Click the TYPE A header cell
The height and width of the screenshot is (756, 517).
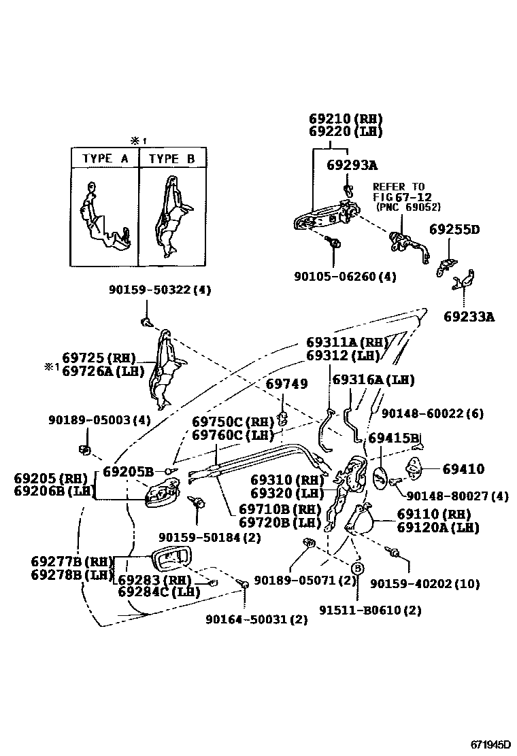pos(105,159)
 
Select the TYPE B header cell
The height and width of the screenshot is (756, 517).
pos(172,159)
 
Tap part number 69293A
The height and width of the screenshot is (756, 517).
pos(352,165)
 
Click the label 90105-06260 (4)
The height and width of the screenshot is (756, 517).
pos(345,277)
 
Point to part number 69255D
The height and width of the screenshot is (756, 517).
pos(454,230)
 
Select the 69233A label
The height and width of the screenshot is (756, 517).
pos(469,316)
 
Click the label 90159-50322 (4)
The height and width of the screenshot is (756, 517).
pos(160,290)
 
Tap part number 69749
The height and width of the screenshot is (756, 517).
pos(286,384)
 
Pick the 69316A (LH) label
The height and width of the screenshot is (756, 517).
pos(373,380)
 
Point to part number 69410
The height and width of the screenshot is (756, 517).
pos(463,469)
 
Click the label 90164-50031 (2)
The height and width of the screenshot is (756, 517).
pos(256,619)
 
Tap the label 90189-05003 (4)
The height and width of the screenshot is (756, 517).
pos(99,420)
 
